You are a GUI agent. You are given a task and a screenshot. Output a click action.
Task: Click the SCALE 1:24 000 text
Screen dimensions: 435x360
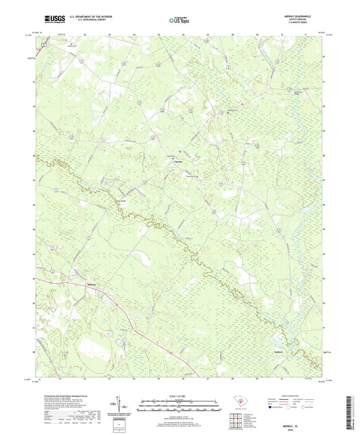[180, 395]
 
